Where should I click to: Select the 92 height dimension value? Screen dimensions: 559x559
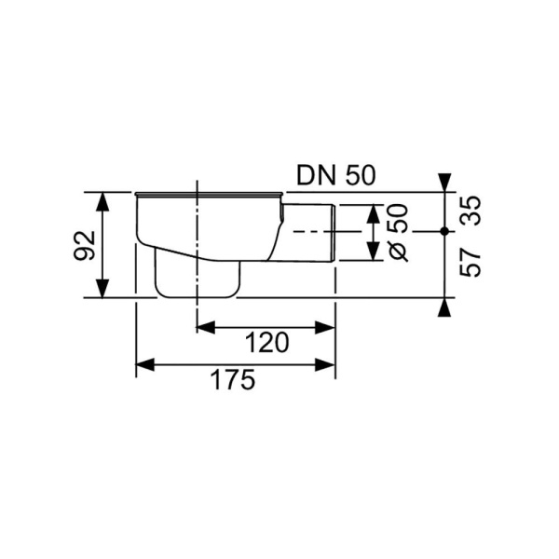pos(85,246)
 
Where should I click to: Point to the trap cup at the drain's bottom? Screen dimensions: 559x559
pos(195,279)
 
